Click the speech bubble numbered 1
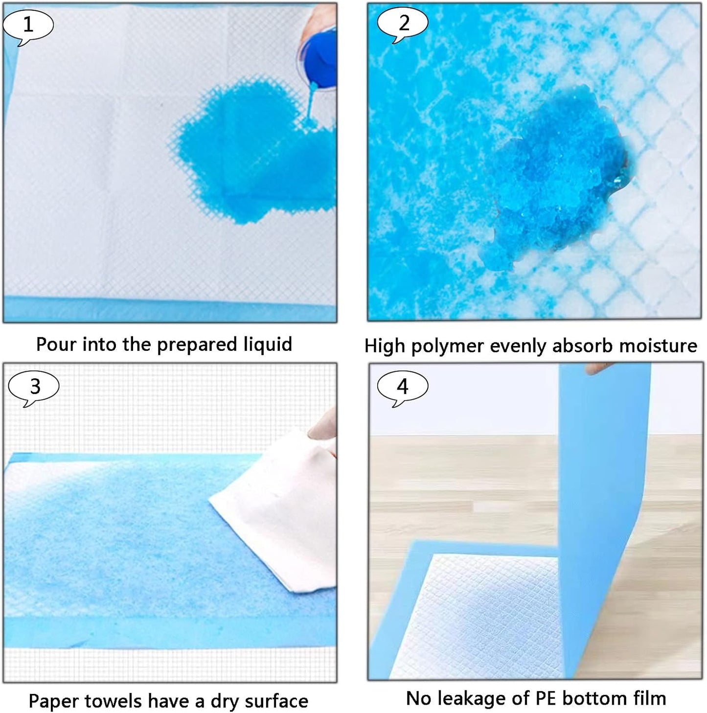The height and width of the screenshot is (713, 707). (x=28, y=24)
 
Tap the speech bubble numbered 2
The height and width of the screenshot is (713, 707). (x=403, y=23)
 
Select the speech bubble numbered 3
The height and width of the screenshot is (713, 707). (x=34, y=387)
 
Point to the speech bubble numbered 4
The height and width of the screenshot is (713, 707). (x=402, y=387)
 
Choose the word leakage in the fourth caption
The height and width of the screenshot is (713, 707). (x=473, y=698)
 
